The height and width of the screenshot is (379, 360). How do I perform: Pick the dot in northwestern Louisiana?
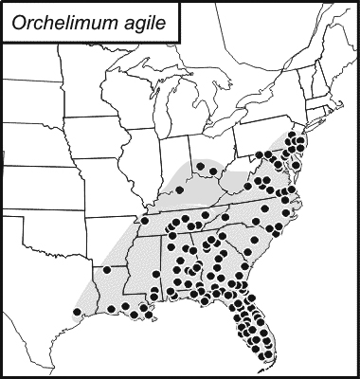[107, 270]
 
